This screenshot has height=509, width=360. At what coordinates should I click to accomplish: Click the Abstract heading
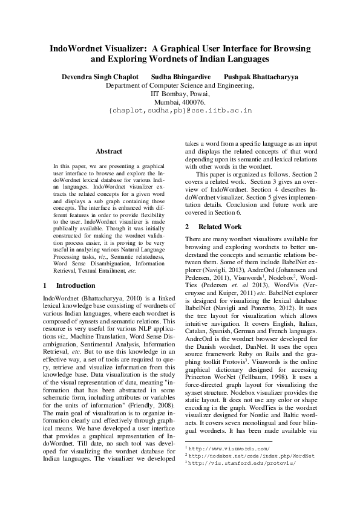[109, 151]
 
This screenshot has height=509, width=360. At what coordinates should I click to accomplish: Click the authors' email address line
[180, 112]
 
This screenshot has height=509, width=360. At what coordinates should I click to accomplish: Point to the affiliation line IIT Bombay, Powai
[180, 94]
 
